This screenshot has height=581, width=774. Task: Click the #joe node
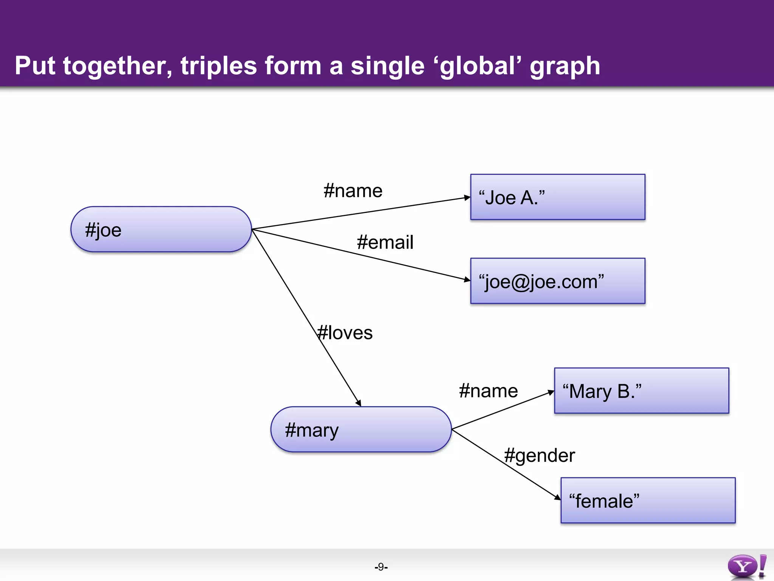(161, 229)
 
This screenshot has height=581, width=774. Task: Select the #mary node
(361, 429)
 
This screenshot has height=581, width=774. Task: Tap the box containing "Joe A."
(557, 197)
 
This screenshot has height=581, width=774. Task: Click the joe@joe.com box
(557, 281)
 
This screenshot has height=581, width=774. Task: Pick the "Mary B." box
(641, 391)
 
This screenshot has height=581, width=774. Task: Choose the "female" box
(648, 500)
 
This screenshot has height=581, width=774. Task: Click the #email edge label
(385, 242)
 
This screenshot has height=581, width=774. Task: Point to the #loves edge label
(345, 333)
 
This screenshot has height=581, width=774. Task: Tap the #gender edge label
(539, 455)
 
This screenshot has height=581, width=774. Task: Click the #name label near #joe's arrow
(353, 191)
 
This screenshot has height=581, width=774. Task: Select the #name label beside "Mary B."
(488, 391)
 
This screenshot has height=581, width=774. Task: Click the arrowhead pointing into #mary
(358, 403)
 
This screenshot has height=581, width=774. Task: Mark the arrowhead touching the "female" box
(557, 497)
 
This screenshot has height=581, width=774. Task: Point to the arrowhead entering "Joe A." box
(467, 197)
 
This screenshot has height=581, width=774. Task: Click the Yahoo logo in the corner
(747, 566)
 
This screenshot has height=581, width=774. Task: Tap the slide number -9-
(381, 567)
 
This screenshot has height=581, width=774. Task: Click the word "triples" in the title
(219, 66)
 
